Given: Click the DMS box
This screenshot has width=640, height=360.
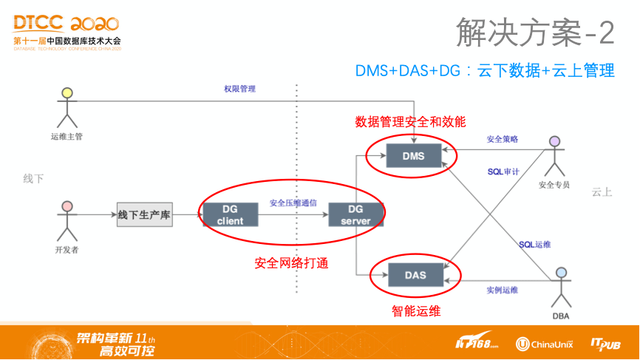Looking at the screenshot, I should (413, 155).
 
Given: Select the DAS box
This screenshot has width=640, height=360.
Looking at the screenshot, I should (415, 276).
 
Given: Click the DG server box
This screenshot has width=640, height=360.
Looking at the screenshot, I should (356, 215).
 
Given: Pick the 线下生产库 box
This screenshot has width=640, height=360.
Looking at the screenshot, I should (144, 215).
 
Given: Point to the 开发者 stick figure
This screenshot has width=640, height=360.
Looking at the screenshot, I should (67, 219).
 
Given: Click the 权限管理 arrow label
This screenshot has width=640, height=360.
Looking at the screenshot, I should (239, 89).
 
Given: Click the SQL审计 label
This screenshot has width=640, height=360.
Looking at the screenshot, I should (503, 171).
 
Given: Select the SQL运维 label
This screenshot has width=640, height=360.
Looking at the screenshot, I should (534, 244).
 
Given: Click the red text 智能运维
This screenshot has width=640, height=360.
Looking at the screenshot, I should (416, 311).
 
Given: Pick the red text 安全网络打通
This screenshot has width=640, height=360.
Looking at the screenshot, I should (291, 262).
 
